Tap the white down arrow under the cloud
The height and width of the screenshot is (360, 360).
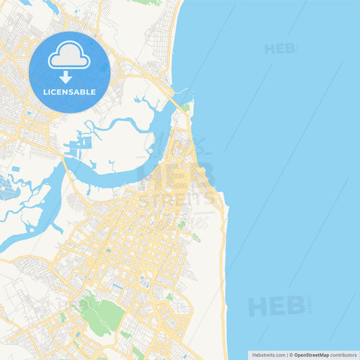(x=66, y=77)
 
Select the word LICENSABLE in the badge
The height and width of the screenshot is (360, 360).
(x=69, y=92)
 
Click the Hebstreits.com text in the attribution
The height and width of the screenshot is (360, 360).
(x=268, y=355)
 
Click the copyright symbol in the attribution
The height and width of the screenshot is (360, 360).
(x=290, y=355)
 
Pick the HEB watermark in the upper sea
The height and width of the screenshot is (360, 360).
(x=279, y=49)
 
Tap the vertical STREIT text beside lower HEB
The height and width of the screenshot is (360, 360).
(x=310, y=305)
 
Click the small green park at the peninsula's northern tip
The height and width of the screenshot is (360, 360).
(x=185, y=107)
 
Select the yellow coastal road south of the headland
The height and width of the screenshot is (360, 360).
(x=224, y=284)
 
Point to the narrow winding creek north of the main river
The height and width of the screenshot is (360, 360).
(x=115, y=124)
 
